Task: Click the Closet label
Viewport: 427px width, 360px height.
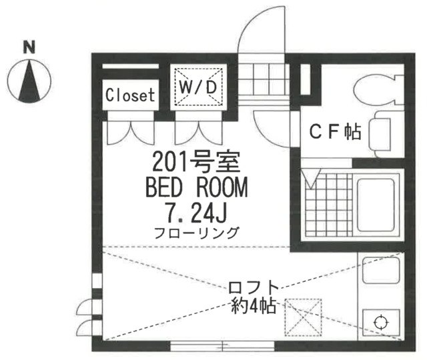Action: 130,95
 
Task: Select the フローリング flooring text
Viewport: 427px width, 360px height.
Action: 195,233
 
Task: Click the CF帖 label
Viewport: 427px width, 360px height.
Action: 333,133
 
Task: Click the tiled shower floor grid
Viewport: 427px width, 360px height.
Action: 327,204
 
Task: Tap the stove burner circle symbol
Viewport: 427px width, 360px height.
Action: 380,323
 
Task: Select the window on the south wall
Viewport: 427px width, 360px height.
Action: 222,345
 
